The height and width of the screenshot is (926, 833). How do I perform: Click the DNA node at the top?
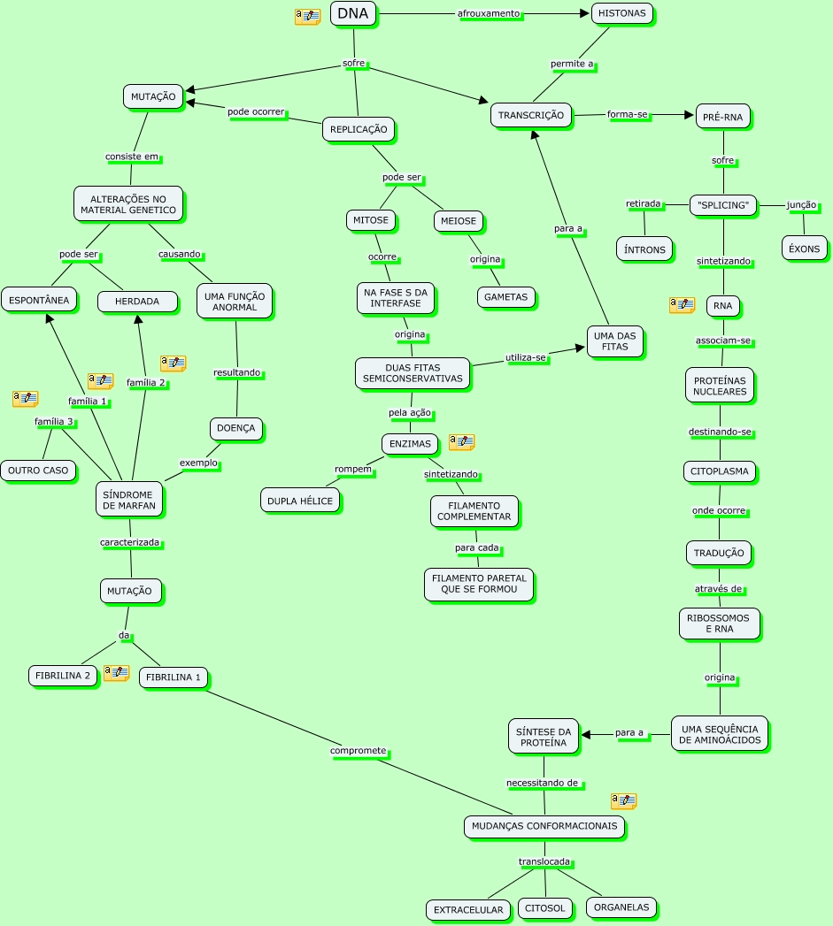[353, 13]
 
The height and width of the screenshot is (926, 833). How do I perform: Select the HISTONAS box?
[621, 13]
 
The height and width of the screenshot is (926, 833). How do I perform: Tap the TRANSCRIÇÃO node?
[531, 115]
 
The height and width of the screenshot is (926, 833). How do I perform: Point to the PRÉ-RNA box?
[723, 116]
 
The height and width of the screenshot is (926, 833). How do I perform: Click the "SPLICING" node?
[723, 205]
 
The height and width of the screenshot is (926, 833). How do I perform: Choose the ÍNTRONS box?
[644, 249]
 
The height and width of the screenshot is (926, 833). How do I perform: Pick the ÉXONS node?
[805, 249]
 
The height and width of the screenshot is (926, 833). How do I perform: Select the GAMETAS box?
[506, 297]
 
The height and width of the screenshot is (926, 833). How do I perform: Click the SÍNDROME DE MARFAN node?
[128, 500]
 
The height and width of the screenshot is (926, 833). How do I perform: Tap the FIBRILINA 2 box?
[62, 676]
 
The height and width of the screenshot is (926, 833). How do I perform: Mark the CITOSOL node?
[544, 908]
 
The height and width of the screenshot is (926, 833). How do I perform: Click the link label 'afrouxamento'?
[489, 13]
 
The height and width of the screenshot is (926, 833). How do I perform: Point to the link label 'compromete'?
[359, 751]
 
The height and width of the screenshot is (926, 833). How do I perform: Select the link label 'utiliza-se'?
[526, 357]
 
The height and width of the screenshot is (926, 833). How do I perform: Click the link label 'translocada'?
[544, 861]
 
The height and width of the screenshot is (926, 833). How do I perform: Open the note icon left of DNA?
[307, 17]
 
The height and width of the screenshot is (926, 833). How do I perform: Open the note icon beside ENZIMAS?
[461, 441]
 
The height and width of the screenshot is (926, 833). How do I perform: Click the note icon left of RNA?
[682, 305]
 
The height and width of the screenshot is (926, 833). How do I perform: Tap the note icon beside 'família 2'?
[173, 364]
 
